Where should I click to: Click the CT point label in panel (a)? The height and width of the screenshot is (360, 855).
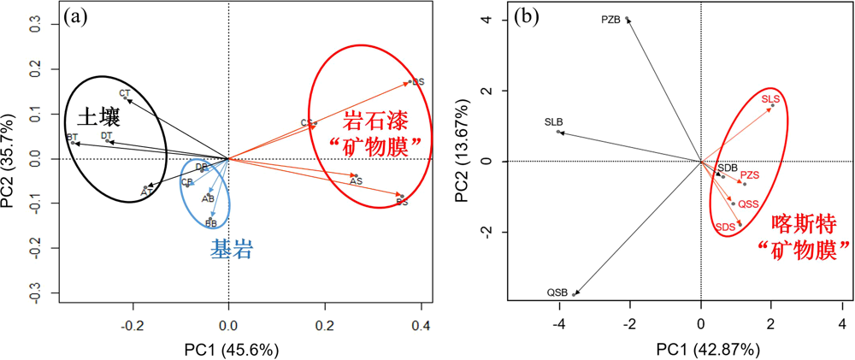(x=125, y=93)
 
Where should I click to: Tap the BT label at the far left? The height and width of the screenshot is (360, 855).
(x=72, y=138)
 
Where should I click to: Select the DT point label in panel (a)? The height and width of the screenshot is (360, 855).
(x=107, y=136)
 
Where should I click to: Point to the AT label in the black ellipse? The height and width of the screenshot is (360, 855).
(x=146, y=192)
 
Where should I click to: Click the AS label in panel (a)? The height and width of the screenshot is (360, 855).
(x=357, y=181)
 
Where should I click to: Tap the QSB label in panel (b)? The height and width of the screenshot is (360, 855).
(x=557, y=293)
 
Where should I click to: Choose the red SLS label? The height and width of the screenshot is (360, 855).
(x=770, y=100)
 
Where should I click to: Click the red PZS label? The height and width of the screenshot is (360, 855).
(x=750, y=174)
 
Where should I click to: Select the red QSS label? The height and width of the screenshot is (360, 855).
(x=749, y=204)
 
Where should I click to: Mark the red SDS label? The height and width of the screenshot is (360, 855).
(x=726, y=227)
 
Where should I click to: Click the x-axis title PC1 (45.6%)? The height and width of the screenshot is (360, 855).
(x=228, y=350)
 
